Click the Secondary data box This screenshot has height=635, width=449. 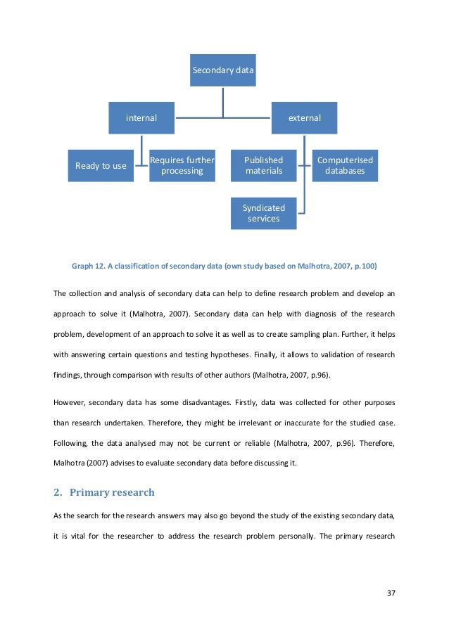223,70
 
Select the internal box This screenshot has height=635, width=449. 141,118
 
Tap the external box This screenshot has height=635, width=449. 304,118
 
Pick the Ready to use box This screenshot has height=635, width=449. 101,166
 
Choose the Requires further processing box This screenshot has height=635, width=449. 182,165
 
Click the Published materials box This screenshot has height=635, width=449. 263,165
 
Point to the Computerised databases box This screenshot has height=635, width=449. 345,165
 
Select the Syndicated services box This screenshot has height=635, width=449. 263,213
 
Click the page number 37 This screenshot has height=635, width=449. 391,593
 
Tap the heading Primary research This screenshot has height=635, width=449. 117,492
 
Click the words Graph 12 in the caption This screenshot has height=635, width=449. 89,266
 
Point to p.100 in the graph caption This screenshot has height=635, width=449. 362,266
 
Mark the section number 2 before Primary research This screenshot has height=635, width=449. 57,492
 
